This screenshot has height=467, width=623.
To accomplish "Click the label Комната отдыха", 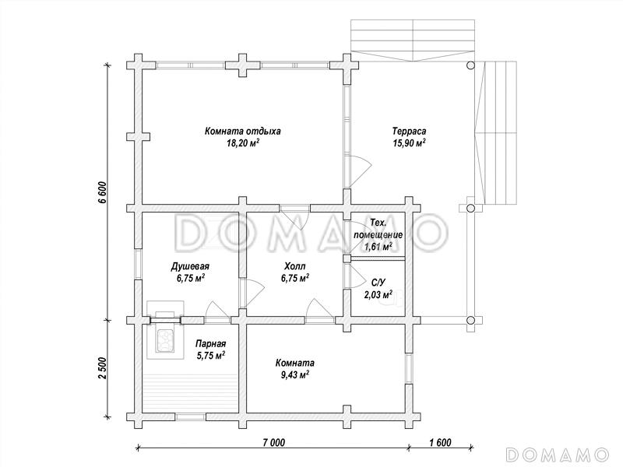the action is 243,132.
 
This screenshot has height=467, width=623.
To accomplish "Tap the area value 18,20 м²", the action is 243,143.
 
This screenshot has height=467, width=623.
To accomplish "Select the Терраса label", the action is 410,131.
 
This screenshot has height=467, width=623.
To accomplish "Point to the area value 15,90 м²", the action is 410,143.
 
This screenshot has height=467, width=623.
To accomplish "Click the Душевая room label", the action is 190,266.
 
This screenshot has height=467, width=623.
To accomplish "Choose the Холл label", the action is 295,266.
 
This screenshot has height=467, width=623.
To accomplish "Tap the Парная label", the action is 211,344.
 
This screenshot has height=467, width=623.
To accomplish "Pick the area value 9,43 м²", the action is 295,374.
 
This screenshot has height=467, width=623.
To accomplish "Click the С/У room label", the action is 378,283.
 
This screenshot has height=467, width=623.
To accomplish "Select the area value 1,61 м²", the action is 378,247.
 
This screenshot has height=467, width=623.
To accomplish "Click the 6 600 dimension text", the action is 103,192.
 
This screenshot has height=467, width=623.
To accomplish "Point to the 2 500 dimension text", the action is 103,368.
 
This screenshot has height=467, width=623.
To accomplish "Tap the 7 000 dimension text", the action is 274,442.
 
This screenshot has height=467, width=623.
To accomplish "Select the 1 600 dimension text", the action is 440,442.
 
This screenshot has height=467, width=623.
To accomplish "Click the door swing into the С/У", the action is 357,276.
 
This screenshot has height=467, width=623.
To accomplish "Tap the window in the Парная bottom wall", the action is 191,416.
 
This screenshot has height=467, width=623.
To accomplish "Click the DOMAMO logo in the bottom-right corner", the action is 558,454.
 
